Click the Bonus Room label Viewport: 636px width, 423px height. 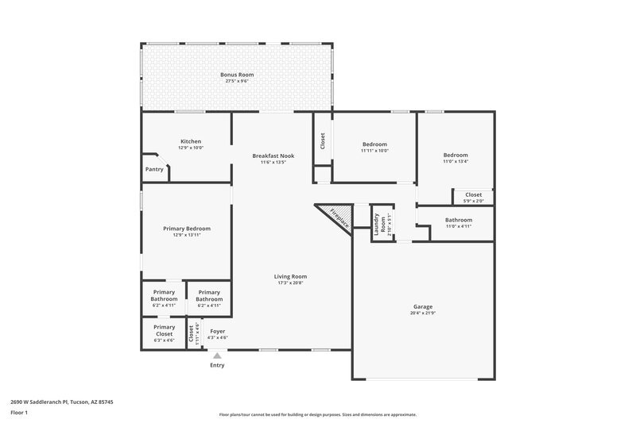point(237,75)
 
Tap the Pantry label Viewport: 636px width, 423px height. point(154,169)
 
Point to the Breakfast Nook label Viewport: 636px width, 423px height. point(273,156)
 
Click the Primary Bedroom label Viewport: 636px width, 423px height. point(187,229)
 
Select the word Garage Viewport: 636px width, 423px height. point(423,306)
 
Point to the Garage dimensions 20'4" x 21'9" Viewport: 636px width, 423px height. point(423,313)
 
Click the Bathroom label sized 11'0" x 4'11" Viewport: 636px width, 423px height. point(459,220)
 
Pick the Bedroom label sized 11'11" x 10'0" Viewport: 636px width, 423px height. point(374,144)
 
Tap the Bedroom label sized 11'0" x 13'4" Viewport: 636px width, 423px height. point(456,155)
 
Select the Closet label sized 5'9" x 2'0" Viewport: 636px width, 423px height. point(473,194)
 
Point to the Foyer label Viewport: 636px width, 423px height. point(217,330)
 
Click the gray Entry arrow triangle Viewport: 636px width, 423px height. point(217,356)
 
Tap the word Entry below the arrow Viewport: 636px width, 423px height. point(217,365)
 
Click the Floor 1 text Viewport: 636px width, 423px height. point(19,413)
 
